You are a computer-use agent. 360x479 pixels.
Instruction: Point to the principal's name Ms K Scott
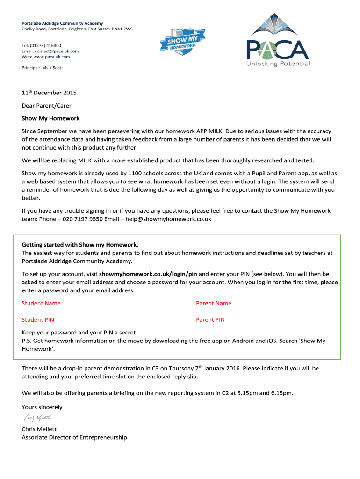52,68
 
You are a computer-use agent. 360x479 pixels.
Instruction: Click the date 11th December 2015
49,93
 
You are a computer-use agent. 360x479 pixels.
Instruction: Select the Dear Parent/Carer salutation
47,106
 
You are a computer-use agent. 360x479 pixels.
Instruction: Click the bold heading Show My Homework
50,118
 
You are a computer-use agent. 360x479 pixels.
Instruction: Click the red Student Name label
41,303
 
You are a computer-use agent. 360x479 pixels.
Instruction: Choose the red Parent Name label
214,303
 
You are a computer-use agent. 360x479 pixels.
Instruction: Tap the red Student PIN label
38,320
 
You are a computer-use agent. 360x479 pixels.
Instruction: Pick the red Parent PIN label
210,320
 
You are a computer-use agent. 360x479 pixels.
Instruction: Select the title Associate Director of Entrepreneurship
74,437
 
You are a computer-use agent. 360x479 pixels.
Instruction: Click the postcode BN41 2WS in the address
119,29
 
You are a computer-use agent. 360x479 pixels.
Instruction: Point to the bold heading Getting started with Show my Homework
80,245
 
